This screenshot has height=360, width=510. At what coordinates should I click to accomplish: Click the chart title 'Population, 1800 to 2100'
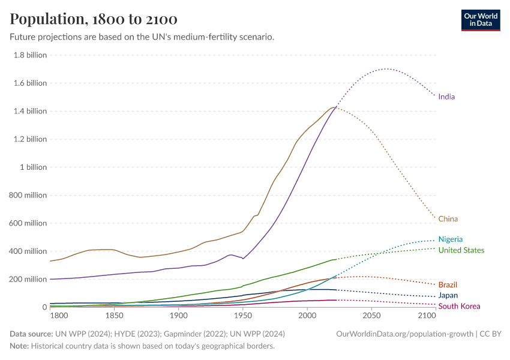coord(94,19)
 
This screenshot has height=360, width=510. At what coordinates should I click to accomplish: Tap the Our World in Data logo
coord(480,20)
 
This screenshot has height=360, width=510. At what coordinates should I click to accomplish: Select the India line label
coord(446,97)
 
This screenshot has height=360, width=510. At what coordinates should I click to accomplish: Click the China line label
coord(448,219)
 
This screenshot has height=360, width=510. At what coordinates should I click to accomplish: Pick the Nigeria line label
coord(450,239)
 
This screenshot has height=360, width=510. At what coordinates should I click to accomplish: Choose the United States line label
coord(461,250)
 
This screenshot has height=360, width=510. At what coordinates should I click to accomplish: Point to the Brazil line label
coord(448,284)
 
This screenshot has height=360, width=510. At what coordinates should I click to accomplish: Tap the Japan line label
coord(448,295)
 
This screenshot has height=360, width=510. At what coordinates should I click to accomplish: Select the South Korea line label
coord(459,307)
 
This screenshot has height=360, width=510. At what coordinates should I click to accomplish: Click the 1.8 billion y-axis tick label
coord(29,55)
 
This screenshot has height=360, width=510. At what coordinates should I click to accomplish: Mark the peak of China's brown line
coord(333,107)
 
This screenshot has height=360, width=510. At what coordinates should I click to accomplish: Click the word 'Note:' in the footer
coord(21,346)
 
